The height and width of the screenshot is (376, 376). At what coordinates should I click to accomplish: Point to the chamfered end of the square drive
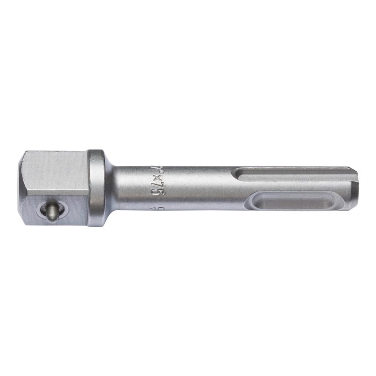(22, 188)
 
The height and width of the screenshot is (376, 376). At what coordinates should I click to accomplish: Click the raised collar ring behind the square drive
(96, 188)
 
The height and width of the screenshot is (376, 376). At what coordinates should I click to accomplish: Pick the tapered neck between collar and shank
(110, 188)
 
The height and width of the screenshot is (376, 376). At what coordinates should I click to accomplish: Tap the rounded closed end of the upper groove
(241, 174)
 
